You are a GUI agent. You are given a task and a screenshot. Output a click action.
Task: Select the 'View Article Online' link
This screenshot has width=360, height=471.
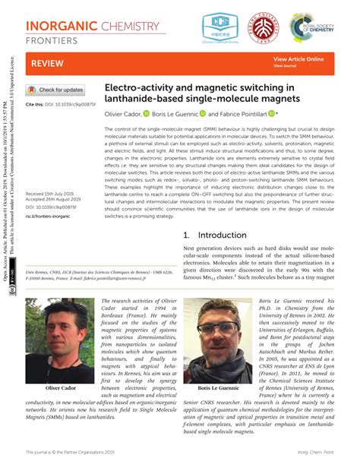point(298,58)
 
